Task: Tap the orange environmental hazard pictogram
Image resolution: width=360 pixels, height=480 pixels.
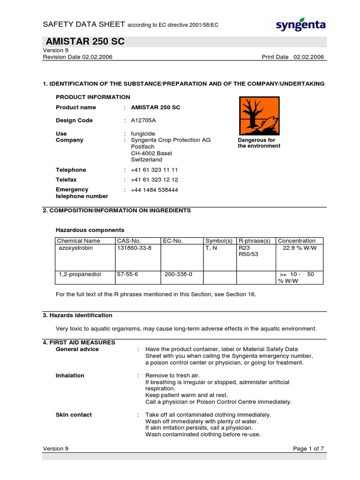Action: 259,116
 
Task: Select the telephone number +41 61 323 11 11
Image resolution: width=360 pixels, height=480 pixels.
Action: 154,170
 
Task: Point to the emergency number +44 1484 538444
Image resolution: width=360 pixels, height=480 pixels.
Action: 154,190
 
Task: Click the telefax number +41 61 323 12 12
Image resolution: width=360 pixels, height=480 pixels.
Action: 154,180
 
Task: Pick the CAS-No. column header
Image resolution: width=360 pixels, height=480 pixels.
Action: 127,241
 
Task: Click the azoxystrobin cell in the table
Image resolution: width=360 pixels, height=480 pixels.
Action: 75,248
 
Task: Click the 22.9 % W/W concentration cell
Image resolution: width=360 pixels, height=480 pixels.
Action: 300,248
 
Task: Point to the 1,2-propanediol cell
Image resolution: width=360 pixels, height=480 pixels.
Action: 80,274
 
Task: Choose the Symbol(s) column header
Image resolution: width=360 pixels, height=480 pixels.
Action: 219,241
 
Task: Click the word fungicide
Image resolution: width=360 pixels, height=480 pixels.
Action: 142,134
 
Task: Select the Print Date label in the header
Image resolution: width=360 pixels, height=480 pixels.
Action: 275,57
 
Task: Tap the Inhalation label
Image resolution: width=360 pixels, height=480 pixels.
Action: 70,375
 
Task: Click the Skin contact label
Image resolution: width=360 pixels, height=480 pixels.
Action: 74,415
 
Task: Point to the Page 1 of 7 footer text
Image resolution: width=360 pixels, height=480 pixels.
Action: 308,449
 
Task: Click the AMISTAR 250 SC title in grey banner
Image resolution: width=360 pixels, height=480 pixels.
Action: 85,42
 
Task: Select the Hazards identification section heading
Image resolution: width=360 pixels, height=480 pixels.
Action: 77,315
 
